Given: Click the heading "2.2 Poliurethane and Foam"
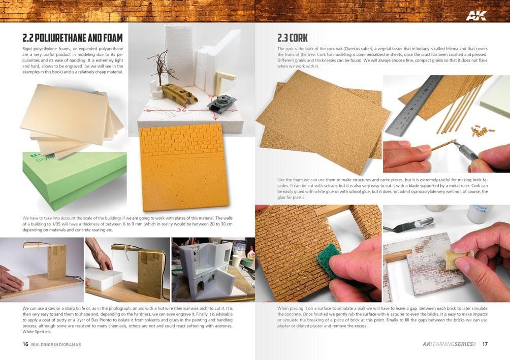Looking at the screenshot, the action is [x=73, y=38].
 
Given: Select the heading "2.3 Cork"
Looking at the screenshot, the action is [x=293, y=38].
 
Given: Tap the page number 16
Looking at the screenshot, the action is [x=25, y=344].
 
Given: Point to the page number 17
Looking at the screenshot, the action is [x=485, y=344].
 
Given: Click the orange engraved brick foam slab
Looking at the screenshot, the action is [x=184, y=167].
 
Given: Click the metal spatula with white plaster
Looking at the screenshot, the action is [x=408, y=224].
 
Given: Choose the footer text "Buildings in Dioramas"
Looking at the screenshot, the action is [x=56, y=344].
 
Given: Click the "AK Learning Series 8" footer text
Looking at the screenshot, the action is [x=449, y=344].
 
